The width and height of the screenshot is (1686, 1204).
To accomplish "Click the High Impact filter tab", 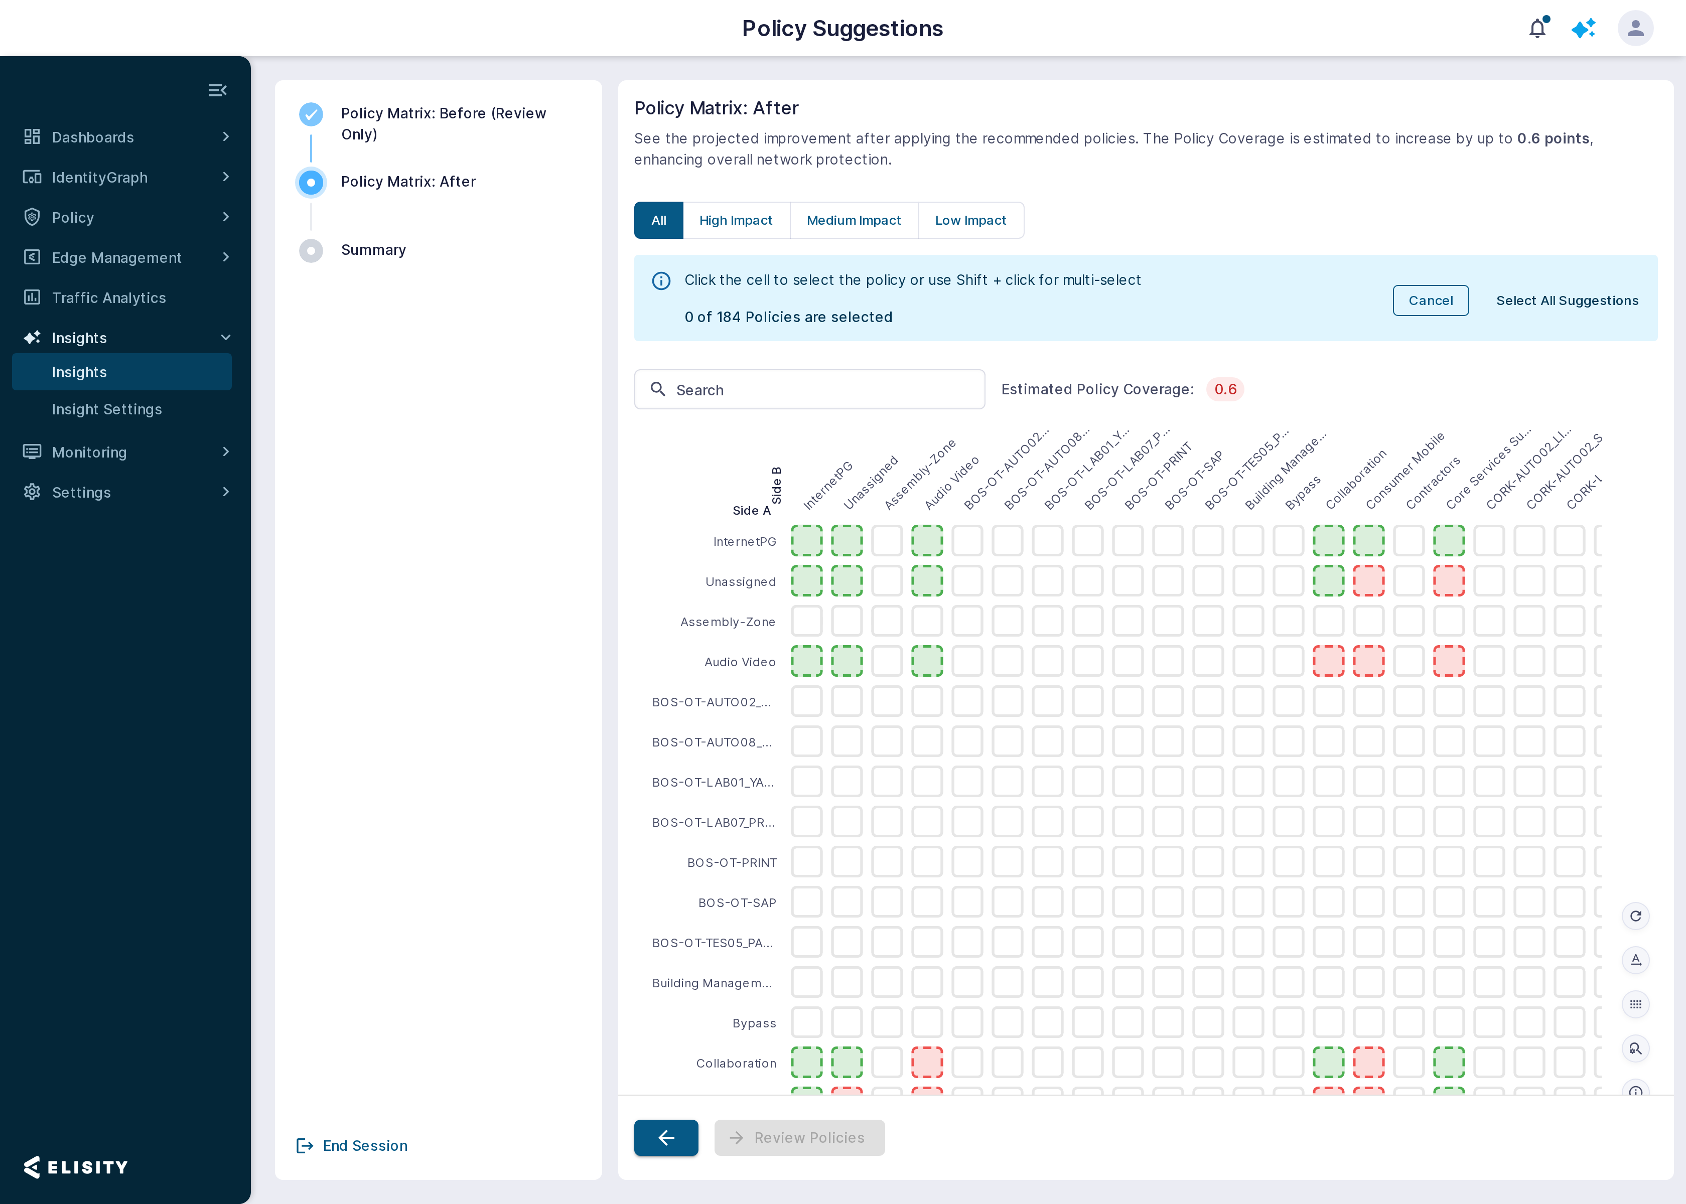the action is pyautogui.click(x=736, y=220).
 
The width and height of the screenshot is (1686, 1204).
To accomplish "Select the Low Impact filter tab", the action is pyautogui.click(x=970, y=220).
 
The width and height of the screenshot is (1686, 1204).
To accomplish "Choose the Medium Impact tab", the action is pyautogui.click(x=854, y=220).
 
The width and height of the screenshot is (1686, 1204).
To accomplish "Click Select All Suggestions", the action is pyautogui.click(x=1567, y=300).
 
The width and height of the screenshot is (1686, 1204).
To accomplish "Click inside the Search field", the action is pyautogui.click(x=810, y=389).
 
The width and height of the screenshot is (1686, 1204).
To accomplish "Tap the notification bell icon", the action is pyautogui.click(x=1537, y=28).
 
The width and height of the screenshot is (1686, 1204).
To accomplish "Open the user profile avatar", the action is pyautogui.click(x=1635, y=28).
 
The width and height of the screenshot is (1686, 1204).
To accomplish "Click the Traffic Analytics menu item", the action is pyautogui.click(x=109, y=298).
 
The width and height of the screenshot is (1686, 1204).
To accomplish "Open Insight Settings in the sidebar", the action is pyautogui.click(x=107, y=409).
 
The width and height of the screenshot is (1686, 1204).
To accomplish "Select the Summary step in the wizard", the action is pyautogui.click(x=373, y=250).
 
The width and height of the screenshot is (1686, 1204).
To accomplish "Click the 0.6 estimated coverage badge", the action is pyautogui.click(x=1225, y=389).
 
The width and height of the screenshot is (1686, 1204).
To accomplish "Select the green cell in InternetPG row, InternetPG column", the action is pyautogui.click(x=807, y=540).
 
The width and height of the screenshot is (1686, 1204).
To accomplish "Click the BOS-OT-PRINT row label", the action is pyautogui.click(x=732, y=863).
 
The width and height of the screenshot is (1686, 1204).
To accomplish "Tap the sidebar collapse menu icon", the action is pyautogui.click(x=217, y=90).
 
